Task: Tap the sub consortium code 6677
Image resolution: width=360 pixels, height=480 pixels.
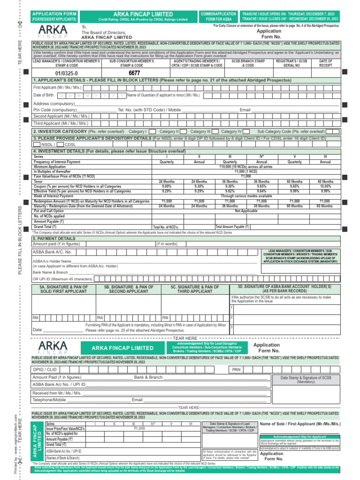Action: click(134, 74)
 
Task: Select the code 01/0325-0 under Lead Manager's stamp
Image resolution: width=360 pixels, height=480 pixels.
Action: click(67, 74)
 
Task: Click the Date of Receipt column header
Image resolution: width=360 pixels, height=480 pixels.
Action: click(326, 63)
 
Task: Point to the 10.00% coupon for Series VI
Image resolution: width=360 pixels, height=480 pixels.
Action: click(325, 186)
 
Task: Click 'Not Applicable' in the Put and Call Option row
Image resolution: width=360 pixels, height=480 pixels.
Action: click(246, 211)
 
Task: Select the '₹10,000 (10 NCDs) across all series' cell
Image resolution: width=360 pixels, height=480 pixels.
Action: click(246, 166)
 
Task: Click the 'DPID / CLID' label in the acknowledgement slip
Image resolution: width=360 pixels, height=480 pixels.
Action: click(45, 370)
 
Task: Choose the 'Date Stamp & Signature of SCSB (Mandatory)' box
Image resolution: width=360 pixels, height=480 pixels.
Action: click(306, 380)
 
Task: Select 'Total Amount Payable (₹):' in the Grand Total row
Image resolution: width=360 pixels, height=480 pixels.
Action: click(232, 226)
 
